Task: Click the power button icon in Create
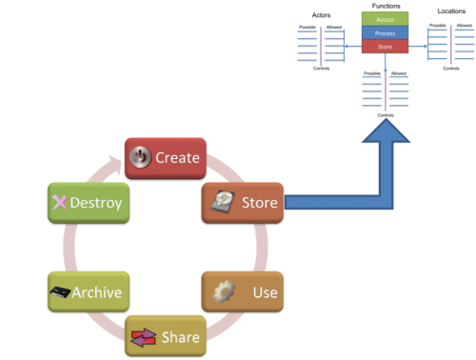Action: click(x=141, y=157)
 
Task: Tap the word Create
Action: click(x=177, y=158)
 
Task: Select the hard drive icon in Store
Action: click(x=223, y=202)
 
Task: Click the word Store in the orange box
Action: click(x=259, y=203)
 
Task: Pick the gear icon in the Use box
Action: click(x=223, y=291)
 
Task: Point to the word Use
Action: click(x=266, y=291)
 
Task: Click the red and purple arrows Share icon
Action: click(x=142, y=337)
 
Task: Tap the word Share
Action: click(x=181, y=337)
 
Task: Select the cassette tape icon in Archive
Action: click(x=62, y=292)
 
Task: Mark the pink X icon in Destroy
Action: click(x=59, y=203)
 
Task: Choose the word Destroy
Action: click(x=95, y=203)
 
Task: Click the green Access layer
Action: click(x=385, y=18)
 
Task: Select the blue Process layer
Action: click(x=385, y=31)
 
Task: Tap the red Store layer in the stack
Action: click(x=385, y=45)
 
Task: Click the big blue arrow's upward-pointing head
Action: click(x=385, y=135)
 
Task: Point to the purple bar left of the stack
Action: click(x=320, y=45)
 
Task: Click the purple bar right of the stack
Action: click(x=448, y=45)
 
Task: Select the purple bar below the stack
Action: click(x=385, y=91)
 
